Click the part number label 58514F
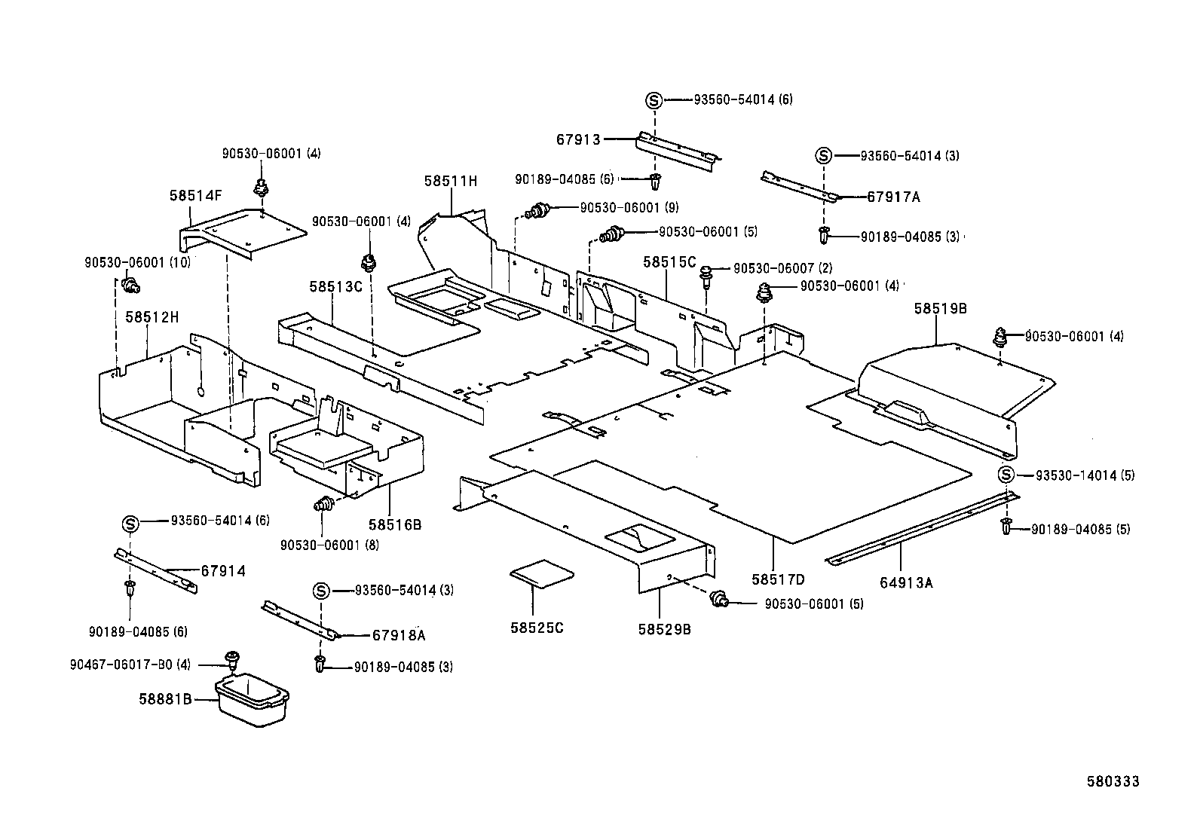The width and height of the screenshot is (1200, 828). (195, 195)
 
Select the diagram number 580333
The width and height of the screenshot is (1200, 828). (1113, 781)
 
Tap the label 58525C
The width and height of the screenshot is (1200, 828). (537, 628)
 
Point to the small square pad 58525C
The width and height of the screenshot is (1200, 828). (542, 573)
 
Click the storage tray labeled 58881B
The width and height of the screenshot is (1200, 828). (253, 699)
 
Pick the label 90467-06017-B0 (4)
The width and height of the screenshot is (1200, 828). (130, 665)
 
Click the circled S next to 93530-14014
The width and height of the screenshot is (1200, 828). (1006, 475)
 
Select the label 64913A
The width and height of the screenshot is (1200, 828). (907, 582)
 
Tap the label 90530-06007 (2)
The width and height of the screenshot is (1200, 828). (782, 268)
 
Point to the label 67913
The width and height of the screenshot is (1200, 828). (579, 140)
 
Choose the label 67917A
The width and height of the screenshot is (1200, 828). (893, 197)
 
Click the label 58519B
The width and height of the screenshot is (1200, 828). (941, 308)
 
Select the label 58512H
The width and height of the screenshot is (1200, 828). (152, 317)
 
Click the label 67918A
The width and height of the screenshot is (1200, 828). (399, 635)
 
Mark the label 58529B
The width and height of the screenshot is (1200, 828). (664, 629)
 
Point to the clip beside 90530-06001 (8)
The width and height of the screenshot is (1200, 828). (323, 503)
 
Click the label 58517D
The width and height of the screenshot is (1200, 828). (779, 579)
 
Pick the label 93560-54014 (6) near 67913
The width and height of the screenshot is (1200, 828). (743, 99)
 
